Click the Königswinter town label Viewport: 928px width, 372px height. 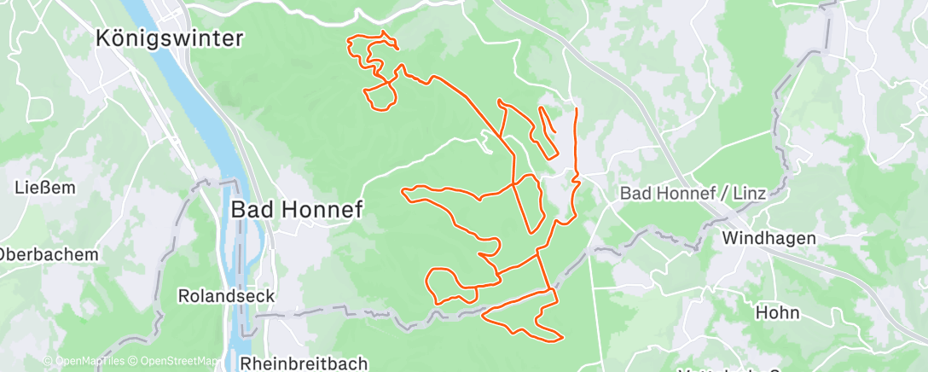click(171, 38)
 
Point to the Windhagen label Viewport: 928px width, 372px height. click(768, 238)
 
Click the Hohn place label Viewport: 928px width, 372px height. click(777, 312)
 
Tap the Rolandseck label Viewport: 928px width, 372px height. click(226, 296)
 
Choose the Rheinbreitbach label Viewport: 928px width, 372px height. click(304, 363)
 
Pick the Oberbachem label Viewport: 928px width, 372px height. click(49, 254)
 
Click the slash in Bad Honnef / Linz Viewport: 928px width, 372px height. click(728, 194)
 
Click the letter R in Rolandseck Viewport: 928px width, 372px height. click(183, 296)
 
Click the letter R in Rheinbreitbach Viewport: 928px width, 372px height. click(247, 363)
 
